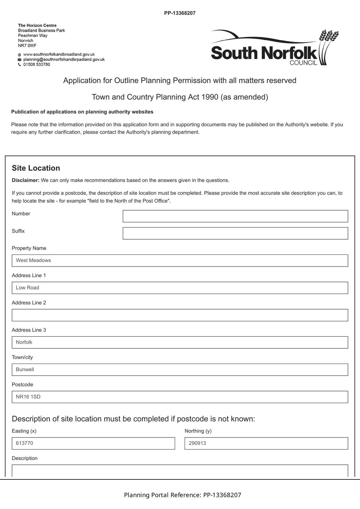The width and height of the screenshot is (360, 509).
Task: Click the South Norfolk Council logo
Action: pos(275,48)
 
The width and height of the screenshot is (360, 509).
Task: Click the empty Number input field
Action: pos(235,216)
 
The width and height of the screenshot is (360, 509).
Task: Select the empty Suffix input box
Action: pos(235,233)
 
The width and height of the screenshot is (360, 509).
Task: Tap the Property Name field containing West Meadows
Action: pos(180,261)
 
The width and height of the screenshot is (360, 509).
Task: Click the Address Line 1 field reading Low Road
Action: pos(180,288)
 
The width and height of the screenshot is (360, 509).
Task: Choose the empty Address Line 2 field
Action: pos(180,315)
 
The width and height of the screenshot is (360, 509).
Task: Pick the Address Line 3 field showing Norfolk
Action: pos(180,342)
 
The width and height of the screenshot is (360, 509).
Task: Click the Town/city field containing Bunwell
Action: pos(180,370)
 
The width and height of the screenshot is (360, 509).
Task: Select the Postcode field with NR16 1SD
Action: pos(180,397)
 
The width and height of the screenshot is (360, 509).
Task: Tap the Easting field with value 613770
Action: pos(93,443)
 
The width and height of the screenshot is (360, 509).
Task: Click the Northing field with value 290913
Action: pos(266,443)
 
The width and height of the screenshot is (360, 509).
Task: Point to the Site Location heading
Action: pos(36,168)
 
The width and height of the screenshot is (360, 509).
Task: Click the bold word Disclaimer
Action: pos(25,180)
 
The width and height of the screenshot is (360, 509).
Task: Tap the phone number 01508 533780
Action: pos(37,65)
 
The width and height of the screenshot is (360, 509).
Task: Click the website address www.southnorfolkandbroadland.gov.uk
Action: pos(59,54)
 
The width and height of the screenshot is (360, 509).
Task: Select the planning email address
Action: pos(64,59)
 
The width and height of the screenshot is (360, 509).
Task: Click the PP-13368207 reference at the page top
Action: pos(180,13)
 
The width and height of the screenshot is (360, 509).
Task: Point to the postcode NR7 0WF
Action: pos(27,45)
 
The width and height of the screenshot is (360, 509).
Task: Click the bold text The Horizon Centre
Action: pos(37,25)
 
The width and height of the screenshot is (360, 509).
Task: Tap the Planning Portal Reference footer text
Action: pos(182,495)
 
